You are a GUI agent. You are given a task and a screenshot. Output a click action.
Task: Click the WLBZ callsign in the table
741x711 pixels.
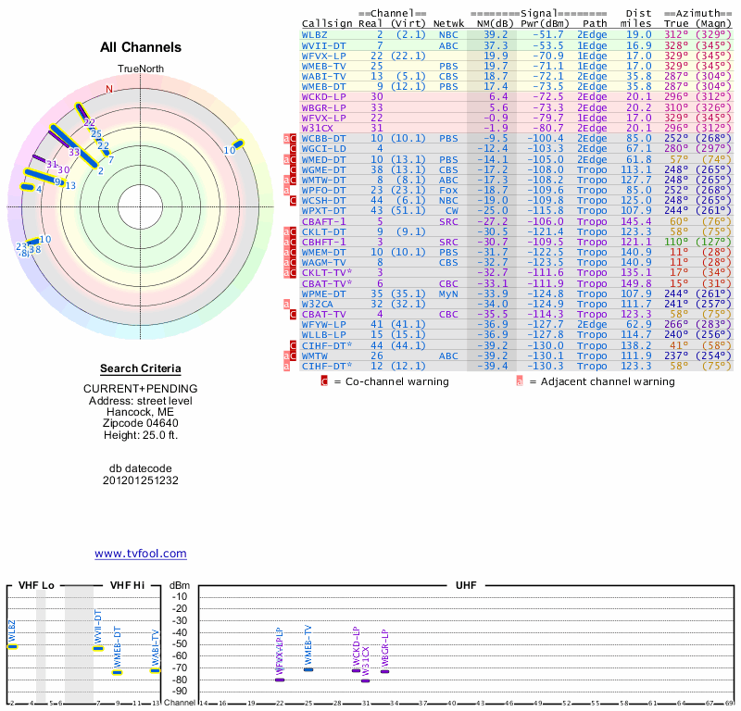pos(316,34)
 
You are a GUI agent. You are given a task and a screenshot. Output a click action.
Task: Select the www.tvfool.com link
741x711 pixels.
pos(141,554)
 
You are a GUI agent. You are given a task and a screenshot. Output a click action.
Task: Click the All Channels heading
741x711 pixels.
pos(141,47)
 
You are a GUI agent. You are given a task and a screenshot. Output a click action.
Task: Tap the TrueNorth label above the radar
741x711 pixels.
pos(140,70)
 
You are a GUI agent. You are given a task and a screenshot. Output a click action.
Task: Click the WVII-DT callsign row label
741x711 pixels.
pos(323,44)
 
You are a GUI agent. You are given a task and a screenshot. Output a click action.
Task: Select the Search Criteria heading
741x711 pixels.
pos(141,368)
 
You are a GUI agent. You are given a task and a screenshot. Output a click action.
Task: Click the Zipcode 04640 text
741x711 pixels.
pos(141,423)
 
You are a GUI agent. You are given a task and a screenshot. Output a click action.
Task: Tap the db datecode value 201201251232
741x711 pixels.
pos(141,480)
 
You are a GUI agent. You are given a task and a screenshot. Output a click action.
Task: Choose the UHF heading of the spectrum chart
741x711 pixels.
pos(467,585)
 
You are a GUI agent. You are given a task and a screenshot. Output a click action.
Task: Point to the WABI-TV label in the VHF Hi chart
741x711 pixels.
pos(156,649)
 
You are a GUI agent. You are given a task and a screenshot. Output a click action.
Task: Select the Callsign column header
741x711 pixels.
pos(328,23)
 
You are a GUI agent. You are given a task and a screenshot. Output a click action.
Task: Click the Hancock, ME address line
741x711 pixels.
pos(141,411)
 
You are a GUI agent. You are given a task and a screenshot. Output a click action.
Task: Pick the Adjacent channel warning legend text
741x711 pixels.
pos(602,381)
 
